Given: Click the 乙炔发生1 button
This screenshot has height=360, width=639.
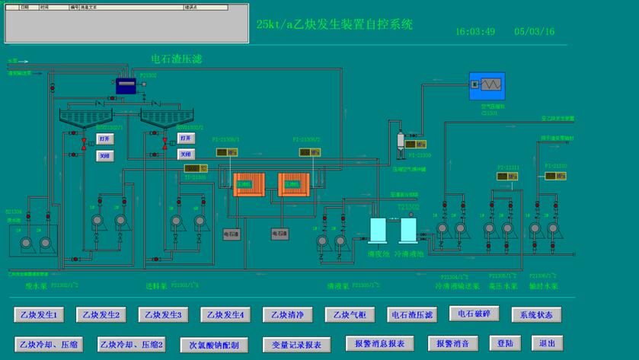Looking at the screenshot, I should click(x=39, y=314).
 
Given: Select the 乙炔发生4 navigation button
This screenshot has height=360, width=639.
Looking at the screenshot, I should click(x=225, y=314).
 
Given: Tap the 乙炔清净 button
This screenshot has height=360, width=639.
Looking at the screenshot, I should click(x=287, y=314).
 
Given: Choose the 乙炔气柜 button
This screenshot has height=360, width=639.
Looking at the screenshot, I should click(x=350, y=314).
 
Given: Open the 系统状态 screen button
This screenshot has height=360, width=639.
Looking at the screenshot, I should click(x=536, y=314).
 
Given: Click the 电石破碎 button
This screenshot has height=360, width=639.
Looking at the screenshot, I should click(x=474, y=314).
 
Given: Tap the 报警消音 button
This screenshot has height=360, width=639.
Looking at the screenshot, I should click(x=453, y=343).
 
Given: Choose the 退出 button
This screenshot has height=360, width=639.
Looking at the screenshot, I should click(x=547, y=343).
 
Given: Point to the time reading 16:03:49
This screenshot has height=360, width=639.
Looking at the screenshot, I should click(x=475, y=32).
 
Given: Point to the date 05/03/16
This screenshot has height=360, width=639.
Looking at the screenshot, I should click(x=535, y=32).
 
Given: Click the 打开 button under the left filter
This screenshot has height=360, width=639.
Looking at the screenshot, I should click(x=105, y=139).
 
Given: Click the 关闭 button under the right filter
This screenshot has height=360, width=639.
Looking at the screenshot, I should click(x=186, y=154).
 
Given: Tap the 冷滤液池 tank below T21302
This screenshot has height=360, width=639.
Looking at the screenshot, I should click(x=408, y=231).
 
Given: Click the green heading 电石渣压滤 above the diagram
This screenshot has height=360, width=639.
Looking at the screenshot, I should click(x=177, y=59).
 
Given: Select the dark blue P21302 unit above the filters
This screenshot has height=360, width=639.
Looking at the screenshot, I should click(x=126, y=86).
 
